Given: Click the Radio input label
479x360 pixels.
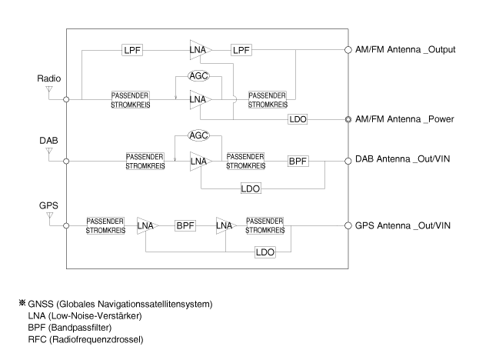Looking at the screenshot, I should pos(49,78).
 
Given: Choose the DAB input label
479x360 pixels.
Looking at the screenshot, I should pos(48,143).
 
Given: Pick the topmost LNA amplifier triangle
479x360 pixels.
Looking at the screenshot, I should pos(199,50).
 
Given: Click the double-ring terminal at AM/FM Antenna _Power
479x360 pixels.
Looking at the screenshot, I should pos(348,120).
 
